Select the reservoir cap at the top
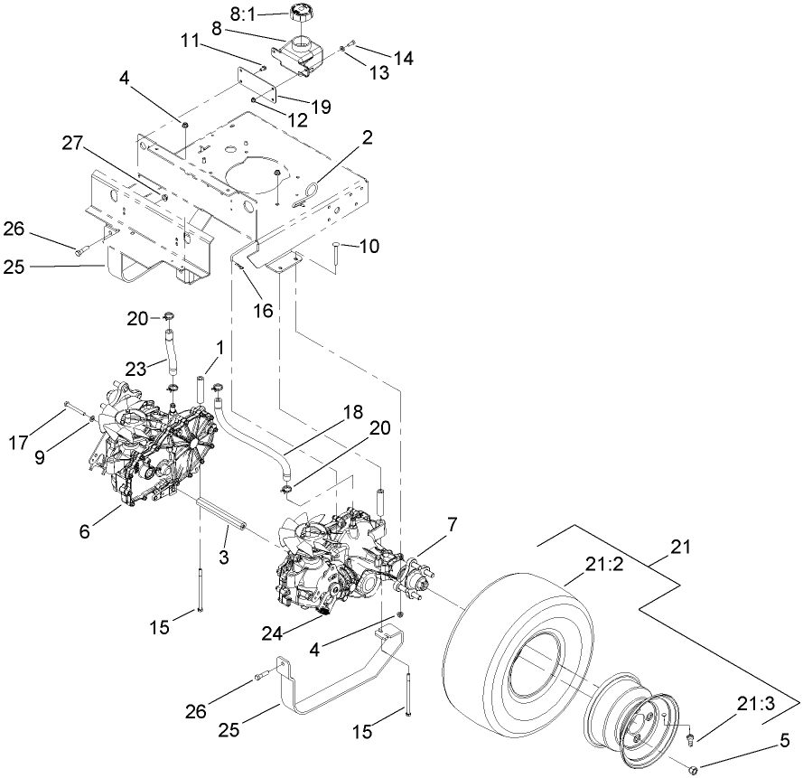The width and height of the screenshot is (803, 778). (x=300, y=15)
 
